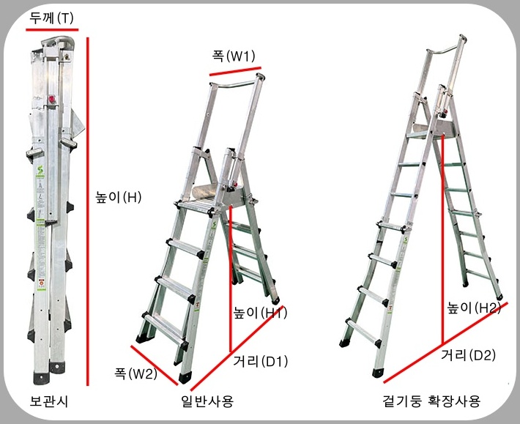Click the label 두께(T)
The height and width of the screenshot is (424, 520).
[51, 18]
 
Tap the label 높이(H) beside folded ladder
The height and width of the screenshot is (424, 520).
[119, 197]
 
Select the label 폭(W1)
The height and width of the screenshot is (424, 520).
[234, 56]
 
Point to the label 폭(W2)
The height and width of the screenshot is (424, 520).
[135, 374]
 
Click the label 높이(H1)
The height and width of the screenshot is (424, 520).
[260, 313]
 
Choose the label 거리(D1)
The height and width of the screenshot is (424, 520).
[260, 361]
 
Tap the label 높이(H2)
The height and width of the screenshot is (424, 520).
[474, 308]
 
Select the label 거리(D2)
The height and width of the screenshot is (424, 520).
[468, 355]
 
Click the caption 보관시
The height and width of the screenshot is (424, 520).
[49, 401]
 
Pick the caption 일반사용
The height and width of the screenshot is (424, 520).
[207, 401]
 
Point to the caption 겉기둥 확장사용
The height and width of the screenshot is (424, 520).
[431, 401]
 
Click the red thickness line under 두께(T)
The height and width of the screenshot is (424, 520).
[52, 30]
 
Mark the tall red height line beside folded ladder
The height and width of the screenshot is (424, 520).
[88, 212]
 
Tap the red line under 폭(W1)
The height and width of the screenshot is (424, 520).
[235, 71]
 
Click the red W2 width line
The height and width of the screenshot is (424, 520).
[155, 365]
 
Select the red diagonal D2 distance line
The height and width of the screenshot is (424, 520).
[446, 342]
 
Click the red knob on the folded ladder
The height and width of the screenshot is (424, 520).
[52, 100]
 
